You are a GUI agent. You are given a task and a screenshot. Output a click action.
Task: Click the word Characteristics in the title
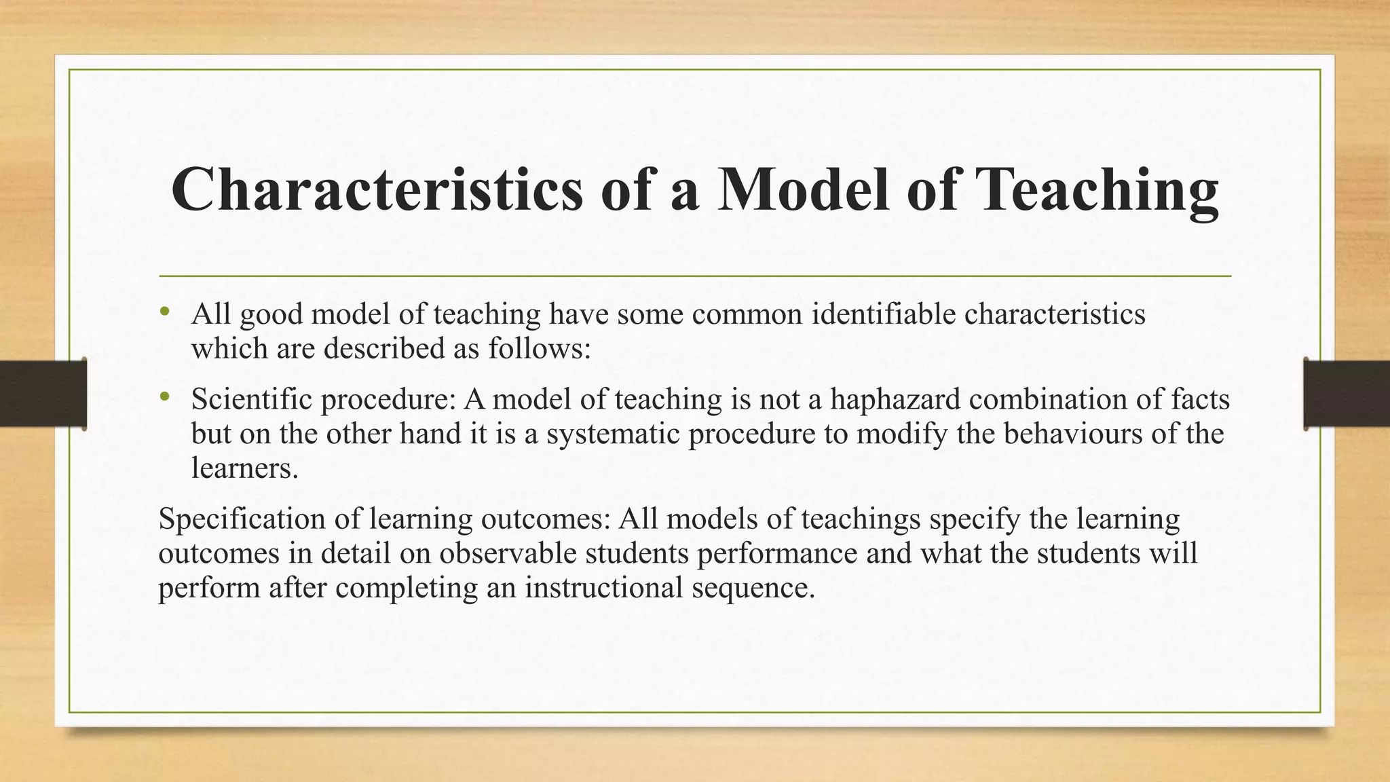click(377, 189)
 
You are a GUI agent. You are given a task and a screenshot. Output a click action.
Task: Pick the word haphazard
click(895, 399)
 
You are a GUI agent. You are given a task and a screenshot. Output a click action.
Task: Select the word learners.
click(244, 468)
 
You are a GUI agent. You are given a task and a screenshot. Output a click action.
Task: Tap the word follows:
click(540, 349)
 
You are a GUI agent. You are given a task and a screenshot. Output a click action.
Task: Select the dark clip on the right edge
click(1347, 394)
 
